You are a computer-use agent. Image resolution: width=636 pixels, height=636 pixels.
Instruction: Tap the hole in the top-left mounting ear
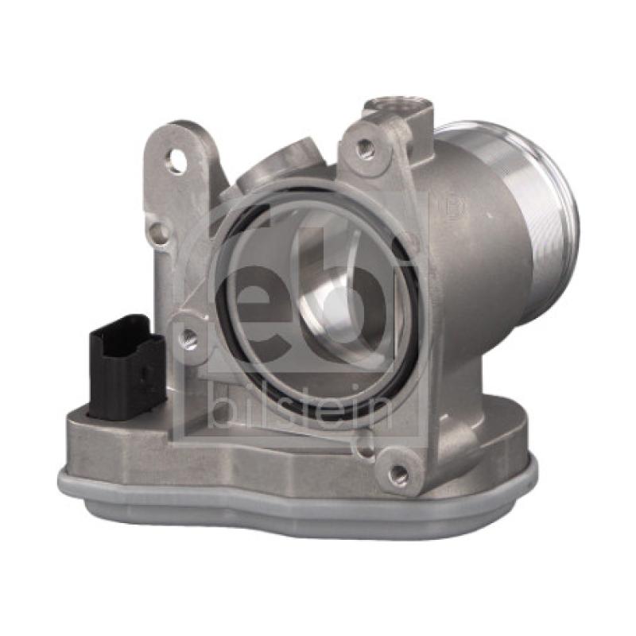click(176, 164)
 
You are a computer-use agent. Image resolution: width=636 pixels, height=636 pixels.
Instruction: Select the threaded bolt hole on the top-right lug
click(365, 147)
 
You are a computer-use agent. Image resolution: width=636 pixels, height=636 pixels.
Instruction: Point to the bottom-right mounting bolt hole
click(399, 475)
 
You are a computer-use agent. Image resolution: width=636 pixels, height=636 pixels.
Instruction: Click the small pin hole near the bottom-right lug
click(363, 452)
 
